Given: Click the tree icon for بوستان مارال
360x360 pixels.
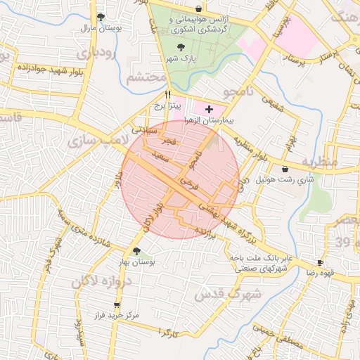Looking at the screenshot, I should pyautogui.click(x=101, y=17).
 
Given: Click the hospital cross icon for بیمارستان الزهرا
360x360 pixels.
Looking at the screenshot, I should pyautogui.click(x=208, y=110).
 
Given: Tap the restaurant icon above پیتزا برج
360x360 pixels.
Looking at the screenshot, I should pyautogui.click(x=167, y=94).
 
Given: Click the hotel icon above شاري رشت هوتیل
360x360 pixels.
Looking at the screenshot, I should pyautogui.click(x=285, y=169).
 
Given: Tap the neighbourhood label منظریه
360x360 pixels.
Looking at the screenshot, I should pyautogui.click(x=321, y=162).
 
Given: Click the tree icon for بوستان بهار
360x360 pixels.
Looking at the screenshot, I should pyautogui.click(x=136, y=250).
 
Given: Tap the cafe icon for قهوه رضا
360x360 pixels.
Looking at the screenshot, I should pyautogui.click(x=321, y=263).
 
